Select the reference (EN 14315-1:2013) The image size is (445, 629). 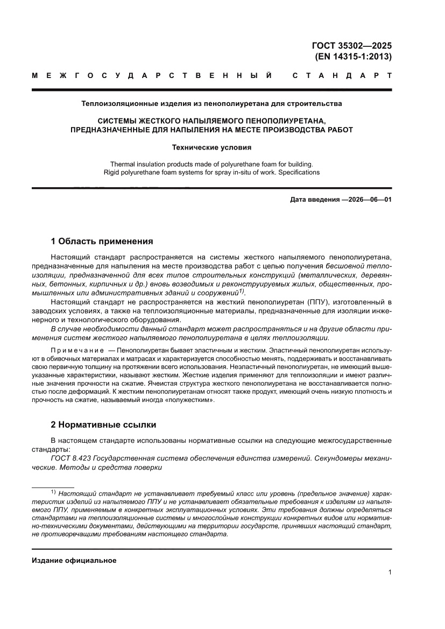(x=352, y=56)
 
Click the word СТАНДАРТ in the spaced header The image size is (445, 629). (x=342, y=75)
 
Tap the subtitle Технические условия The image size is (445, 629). (x=211, y=146)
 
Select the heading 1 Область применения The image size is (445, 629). (x=102, y=241)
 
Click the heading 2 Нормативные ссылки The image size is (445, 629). (x=103, y=425)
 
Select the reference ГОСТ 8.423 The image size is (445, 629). (x=70, y=457)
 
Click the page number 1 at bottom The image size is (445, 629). (x=390, y=573)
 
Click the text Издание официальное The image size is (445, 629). (x=74, y=560)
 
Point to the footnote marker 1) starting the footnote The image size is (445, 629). (x=53, y=492)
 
